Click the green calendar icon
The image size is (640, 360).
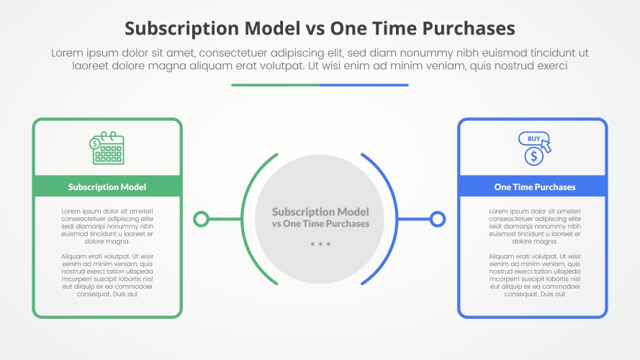click(x=107, y=148)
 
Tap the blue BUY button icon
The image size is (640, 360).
click(x=533, y=138)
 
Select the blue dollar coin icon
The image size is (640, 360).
click(x=533, y=156)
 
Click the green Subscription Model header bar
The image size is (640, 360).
click(x=107, y=186)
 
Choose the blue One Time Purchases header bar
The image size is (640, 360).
click(x=533, y=186)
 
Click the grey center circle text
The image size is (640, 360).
click(x=320, y=217)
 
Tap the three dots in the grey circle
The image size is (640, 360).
click(x=320, y=244)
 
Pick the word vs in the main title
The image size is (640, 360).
click(x=315, y=29)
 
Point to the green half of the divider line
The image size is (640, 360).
click(x=276, y=85)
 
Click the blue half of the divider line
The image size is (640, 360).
click(x=364, y=85)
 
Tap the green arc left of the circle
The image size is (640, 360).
click(x=242, y=219)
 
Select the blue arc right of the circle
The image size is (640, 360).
click(x=397, y=219)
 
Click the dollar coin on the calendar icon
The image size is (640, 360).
click(x=95, y=143)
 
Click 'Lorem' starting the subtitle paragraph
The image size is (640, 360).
click(x=68, y=53)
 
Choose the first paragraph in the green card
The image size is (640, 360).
click(x=107, y=226)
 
